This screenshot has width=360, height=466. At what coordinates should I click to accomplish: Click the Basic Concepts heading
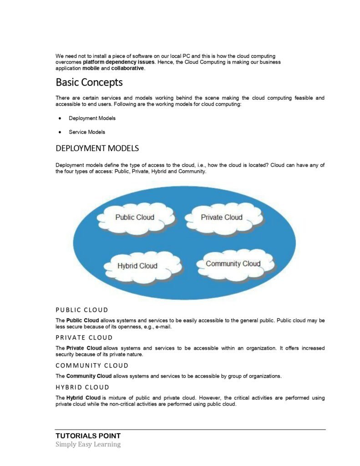(89, 82)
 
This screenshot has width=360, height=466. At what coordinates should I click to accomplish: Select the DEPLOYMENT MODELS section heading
(97, 148)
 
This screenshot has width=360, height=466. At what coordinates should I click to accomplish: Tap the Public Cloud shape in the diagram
(135, 218)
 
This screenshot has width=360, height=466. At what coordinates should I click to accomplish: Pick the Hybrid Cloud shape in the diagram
(137, 266)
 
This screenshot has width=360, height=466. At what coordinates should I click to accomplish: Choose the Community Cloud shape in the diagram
(233, 264)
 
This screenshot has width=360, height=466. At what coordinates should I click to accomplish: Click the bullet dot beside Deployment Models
(60, 118)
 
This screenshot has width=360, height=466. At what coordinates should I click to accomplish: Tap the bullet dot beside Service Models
(60, 132)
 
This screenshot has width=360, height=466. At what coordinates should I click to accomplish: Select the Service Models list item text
(87, 132)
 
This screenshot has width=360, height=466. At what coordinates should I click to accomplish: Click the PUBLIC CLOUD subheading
(82, 310)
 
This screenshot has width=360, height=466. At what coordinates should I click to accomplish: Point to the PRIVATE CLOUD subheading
(84, 338)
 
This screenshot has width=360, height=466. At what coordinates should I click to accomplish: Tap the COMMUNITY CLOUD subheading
(92, 365)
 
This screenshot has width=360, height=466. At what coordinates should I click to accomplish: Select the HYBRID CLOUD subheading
(82, 387)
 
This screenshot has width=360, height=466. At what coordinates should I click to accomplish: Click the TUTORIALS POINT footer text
(88, 436)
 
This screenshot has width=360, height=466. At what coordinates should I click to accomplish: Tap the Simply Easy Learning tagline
(88, 445)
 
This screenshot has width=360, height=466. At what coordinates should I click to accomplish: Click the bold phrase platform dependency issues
(119, 62)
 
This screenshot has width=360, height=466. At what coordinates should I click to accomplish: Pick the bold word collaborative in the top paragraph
(128, 68)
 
